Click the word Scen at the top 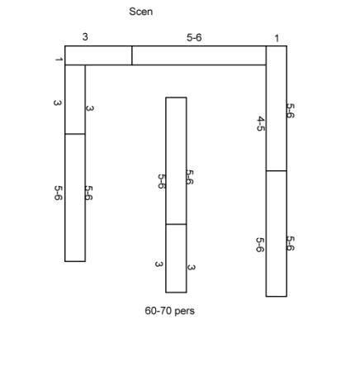coord(140,12)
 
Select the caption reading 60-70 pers coord(169,311)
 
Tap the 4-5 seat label coord(261,124)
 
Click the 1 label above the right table coord(277,38)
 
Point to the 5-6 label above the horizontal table coord(194,37)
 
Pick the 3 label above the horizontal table coord(85,36)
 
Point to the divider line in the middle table coord(176,224)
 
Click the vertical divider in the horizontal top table coord(132,55)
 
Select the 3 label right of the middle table coord(191,267)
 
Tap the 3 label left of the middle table coord(159,264)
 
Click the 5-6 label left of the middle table coord(162,181)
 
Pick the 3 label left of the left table coord(57,103)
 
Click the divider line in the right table coord(277,171)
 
